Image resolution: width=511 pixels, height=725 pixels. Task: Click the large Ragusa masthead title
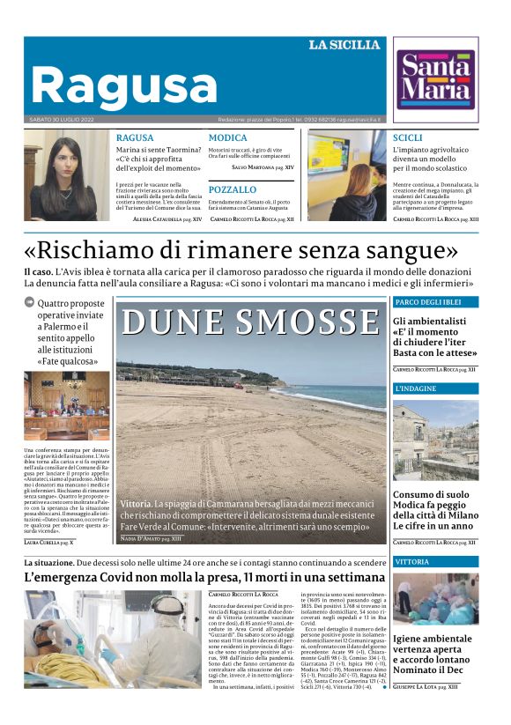123,85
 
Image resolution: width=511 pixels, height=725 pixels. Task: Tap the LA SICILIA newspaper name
344,45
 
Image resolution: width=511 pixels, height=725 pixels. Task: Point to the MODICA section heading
227,138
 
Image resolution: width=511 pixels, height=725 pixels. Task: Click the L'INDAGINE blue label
414,388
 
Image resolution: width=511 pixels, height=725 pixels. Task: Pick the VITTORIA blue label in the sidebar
412,561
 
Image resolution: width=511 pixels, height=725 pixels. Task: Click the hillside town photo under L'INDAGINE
435,440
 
